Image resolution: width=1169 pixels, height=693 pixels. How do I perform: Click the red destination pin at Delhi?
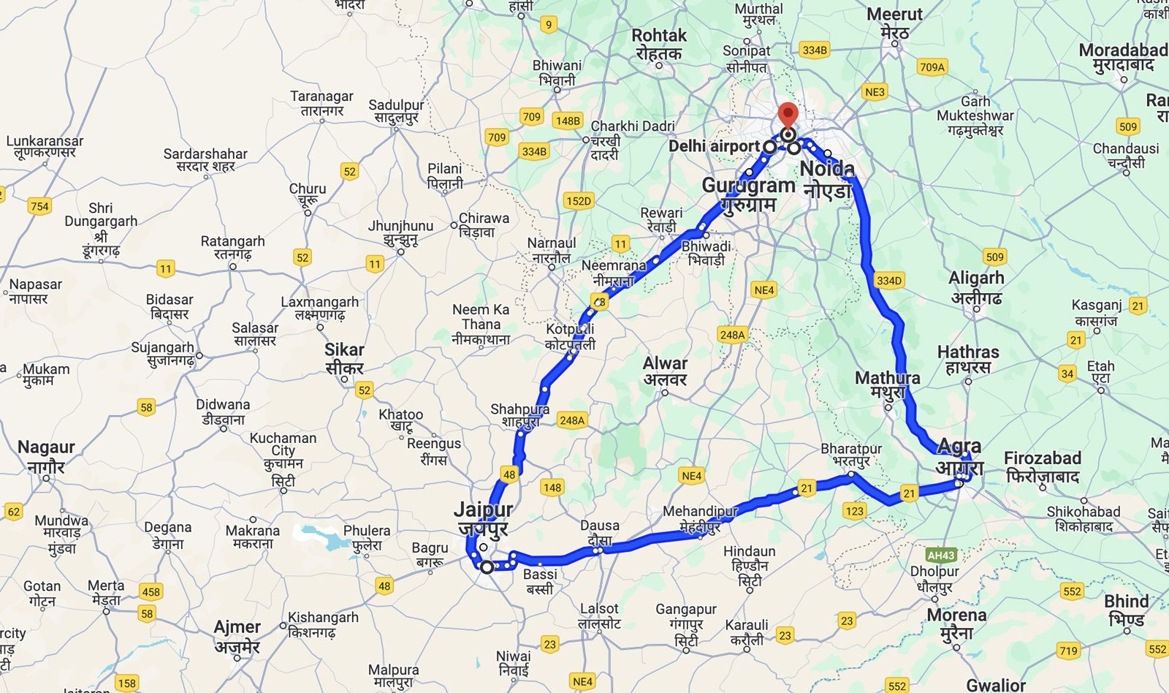(x=787, y=116)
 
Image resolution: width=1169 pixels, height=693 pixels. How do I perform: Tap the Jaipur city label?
(x=483, y=518)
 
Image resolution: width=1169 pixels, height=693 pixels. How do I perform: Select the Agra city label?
(x=959, y=455)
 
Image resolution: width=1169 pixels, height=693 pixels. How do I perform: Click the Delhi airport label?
(x=714, y=146)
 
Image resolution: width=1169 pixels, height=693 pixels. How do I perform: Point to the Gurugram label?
(x=748, y=194)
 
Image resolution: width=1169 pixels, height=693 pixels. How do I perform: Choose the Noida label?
(x=827, y=178)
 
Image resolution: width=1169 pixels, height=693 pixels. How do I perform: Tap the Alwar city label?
(x=665, y=371)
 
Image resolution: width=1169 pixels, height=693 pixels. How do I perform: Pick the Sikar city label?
(x=344, y=358)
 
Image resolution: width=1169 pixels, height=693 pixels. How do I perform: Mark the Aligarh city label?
(x=976, y=287)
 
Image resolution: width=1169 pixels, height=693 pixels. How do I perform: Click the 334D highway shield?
(x=888, y=281)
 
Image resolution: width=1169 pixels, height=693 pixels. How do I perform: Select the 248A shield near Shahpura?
(x=571, y=420)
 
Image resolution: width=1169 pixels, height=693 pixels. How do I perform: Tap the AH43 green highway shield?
(x=941, y=556)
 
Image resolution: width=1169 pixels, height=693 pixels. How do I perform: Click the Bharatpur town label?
(x=851, y=455)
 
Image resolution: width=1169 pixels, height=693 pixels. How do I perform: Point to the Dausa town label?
(x=600, y=532)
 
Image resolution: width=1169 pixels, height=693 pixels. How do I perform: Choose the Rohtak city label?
(x=659, y=44)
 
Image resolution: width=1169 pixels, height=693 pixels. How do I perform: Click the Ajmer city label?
(x=237, y=636)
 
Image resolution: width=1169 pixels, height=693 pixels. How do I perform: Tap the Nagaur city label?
(x=46, y=455)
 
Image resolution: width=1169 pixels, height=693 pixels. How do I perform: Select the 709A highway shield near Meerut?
(x=932, y=67)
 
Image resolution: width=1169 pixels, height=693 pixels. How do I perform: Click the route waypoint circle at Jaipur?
(x=487, y=567)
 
